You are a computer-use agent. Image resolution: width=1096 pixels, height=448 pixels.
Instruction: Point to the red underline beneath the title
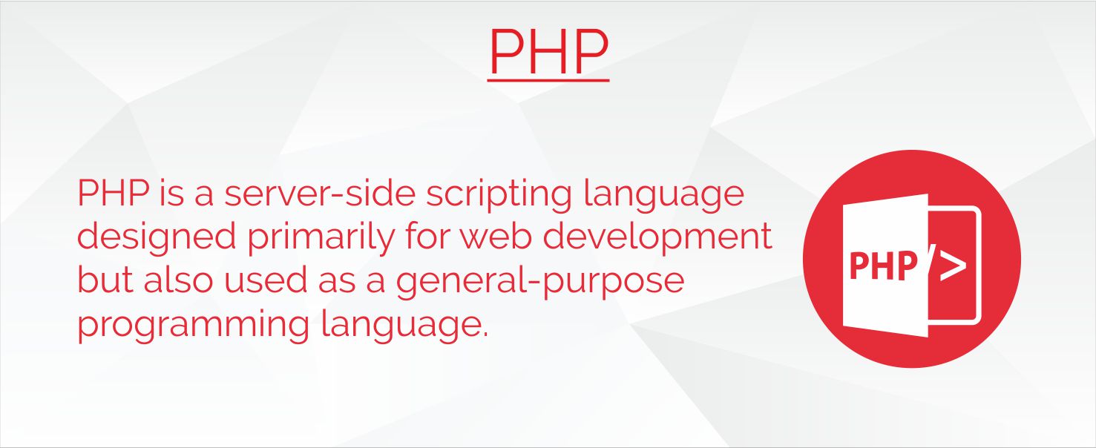(548, 79)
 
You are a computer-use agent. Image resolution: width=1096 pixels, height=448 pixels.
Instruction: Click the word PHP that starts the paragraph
(113, 193)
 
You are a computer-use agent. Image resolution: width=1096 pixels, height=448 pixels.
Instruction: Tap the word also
(179, 280)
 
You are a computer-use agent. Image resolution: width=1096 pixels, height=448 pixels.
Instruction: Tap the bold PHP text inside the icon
(884, 266)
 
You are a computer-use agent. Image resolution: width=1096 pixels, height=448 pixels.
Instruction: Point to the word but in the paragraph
(105, 280)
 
